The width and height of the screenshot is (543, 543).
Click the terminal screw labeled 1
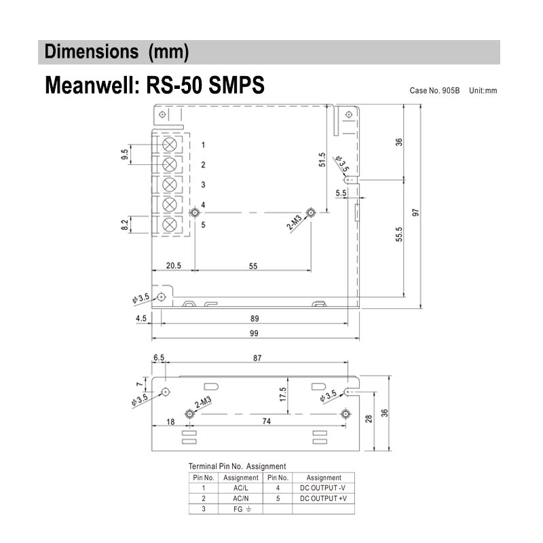tap(170, 145)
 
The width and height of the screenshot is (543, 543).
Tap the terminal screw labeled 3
tap(170, 185)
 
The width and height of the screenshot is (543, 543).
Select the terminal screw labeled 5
tap(170, 224)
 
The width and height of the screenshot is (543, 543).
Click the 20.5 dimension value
tap(173, 266)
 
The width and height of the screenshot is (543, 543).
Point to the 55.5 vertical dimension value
tap(400, 234)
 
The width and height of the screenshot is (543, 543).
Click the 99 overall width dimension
tap(255, 333)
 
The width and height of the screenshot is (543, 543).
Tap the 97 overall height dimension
tap(416, 211)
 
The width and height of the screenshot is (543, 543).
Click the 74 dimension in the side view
tap(266, 422)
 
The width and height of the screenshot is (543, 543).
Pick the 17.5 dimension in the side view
tap(283, 394)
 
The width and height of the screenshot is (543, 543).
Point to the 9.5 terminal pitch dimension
tap(124, 154)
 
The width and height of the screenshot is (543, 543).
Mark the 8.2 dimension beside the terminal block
tap(124, 225)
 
